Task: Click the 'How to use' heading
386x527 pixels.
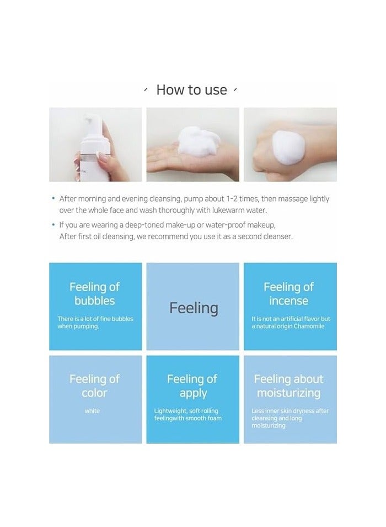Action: coord(191,90)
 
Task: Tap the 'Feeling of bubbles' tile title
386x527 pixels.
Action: coord(94,294)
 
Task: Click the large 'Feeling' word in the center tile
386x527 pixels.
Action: coord(193,308)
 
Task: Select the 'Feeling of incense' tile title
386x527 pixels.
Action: coord(288,294)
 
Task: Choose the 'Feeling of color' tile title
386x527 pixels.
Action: coord(94,386)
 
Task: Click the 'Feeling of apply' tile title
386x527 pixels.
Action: coord(192,386)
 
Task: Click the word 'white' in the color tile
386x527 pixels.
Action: coord(92,411)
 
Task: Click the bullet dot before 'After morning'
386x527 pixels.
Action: coord(53,198)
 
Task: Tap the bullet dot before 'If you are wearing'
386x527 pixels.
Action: coord(53,225)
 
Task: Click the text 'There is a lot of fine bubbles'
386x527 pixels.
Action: coord(95,319)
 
